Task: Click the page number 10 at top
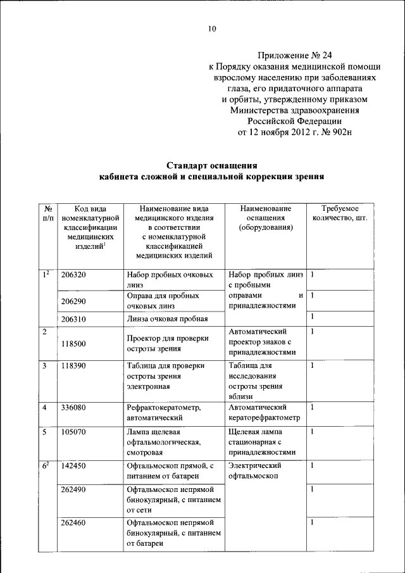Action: (x=212, y=28)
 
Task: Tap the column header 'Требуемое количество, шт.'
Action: (x=340, y=213)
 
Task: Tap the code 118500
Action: (x=73, y=344)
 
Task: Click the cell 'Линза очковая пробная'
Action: (x=166, y=319)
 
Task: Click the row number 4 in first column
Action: (x=45, y=407)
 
